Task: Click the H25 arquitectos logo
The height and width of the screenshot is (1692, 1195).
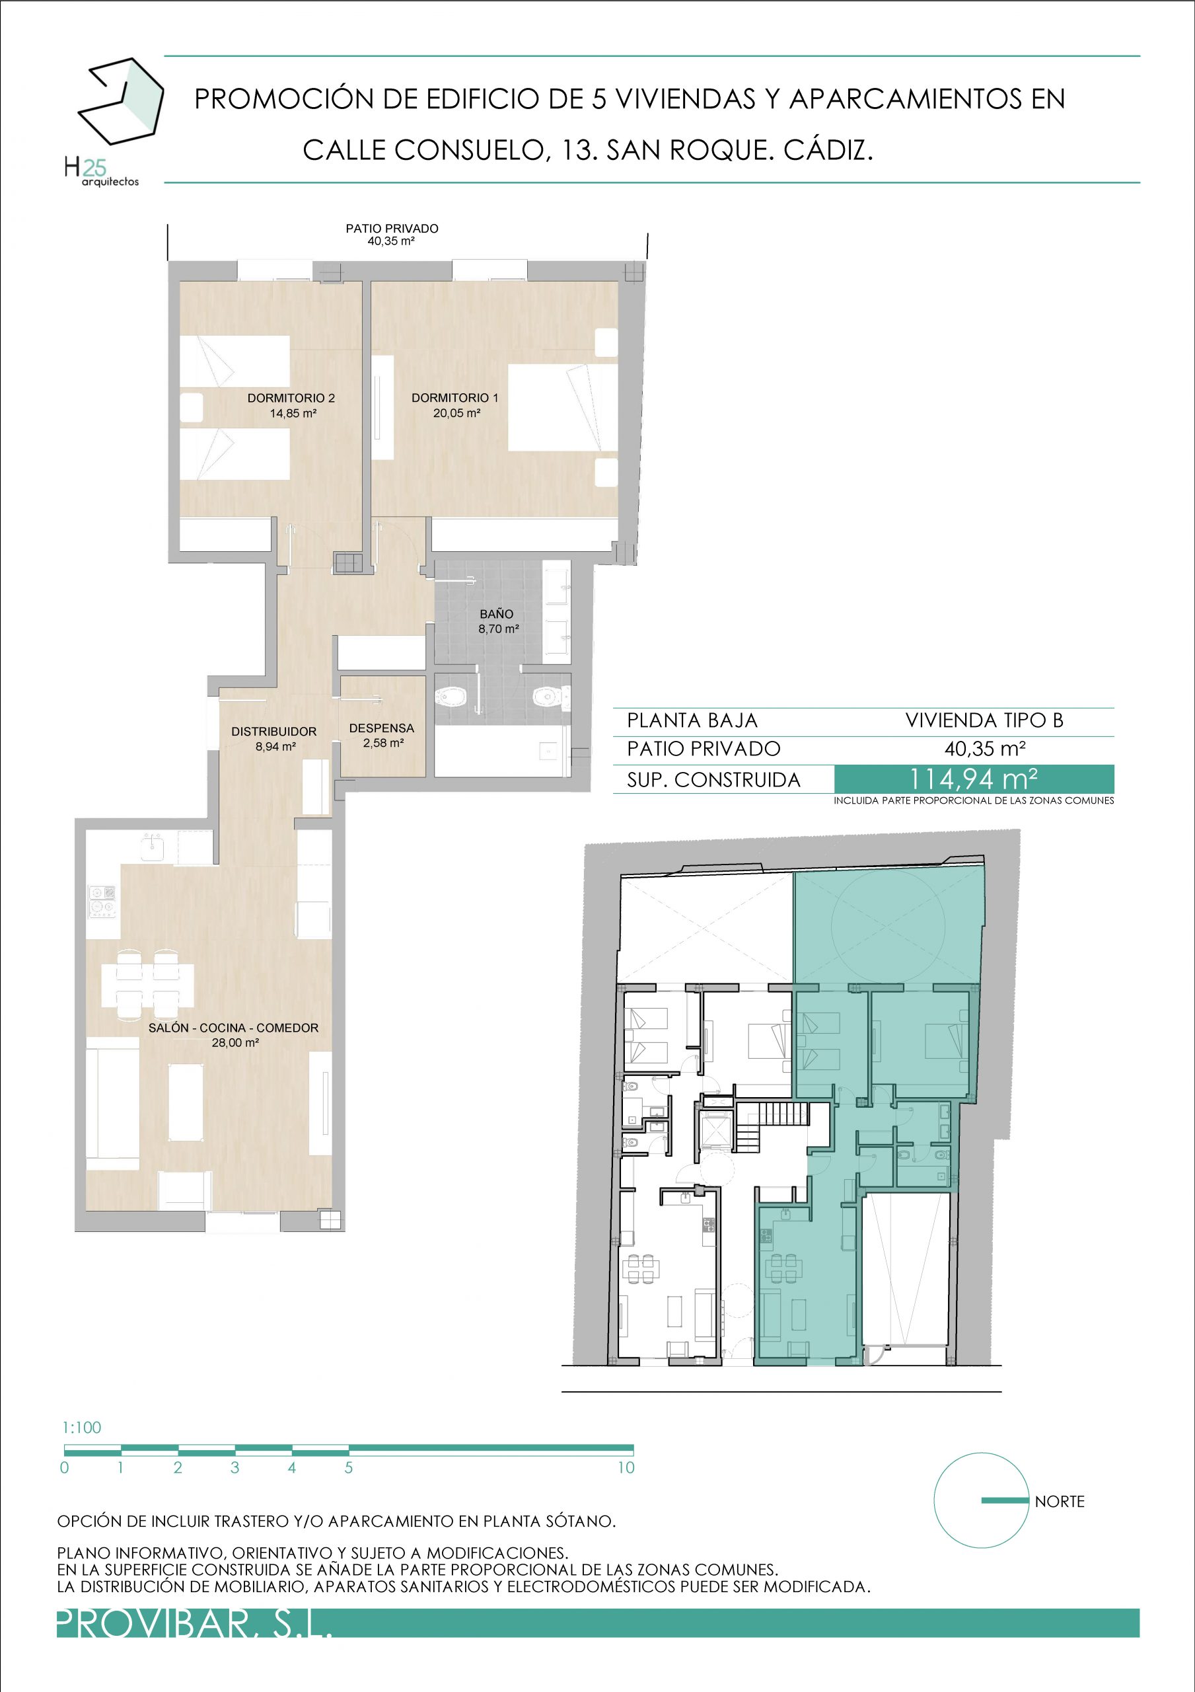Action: click(114, 122)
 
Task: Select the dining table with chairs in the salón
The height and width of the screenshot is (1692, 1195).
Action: click(147, 985)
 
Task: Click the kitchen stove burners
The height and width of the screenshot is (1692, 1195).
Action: click(102, 902)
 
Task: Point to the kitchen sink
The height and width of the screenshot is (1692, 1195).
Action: click(153, 846)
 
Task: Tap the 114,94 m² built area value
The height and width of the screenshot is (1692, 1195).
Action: click(974, 779)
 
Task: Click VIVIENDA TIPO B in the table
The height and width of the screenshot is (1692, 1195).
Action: click(984, 720)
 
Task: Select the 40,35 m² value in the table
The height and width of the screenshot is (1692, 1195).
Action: click(985, 749)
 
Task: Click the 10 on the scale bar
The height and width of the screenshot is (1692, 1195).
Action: click(626, 1467)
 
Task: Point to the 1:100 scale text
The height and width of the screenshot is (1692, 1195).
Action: click(82, 1428)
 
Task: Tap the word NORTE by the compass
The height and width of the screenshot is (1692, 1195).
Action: click(1060, 1501)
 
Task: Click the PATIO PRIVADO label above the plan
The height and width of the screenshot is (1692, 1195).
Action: click(392, 229)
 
